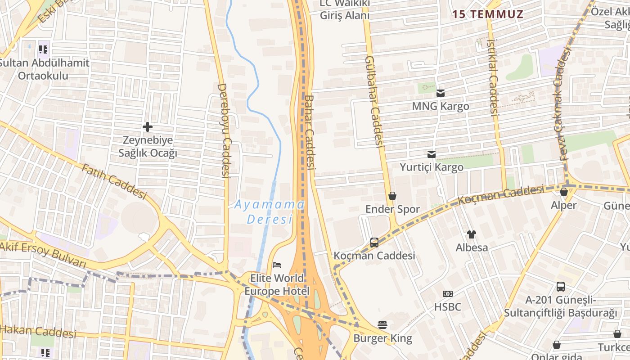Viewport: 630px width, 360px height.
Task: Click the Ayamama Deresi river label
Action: pyautogui.click(x=269, y=212)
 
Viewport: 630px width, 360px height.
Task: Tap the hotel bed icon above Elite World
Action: pyautogui.click(x=277, y=265)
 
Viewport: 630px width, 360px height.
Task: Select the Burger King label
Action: pyautogui.click(x=382, y=338)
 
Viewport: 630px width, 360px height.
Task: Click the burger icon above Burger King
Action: pyautogui.click(x=382, y=324)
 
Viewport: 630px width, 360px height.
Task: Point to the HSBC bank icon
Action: pyautogui.click(x=447, y=294)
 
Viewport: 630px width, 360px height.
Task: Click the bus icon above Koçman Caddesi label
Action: pyautogui.click(x=374, y=243)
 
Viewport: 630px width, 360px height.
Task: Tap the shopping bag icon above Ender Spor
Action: pyautogui.click(x=392, y=196)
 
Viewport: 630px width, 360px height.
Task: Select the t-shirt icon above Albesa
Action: pyautogui.click(x=471, y=234)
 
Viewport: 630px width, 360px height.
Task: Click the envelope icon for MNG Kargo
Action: pyautogui.click(x=440, y=93)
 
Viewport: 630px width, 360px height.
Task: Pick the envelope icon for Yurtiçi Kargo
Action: pyautogui.click(x=432, y=154)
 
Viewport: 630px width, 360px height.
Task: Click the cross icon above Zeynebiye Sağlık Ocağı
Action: pyautogui.click(x=147, y=127)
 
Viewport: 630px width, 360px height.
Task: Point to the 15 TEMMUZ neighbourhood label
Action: pyautogui.click(x=488, y=14)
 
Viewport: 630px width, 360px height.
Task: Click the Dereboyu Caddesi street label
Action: pyautogui.click(x=224, y=130)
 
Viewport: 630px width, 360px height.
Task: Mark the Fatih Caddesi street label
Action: pyautogui.click(x=114, y=181)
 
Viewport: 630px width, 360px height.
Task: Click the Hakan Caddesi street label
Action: pyautogui.click(x=38, y=332)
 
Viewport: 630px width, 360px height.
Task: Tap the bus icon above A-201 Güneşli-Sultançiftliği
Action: pyautogui.click(x=560, y=287)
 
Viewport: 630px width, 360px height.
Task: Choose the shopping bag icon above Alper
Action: pyautogui.click(x=563, y=192)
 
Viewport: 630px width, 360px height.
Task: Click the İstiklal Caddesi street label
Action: pyautogui.click(x=493, y=77)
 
